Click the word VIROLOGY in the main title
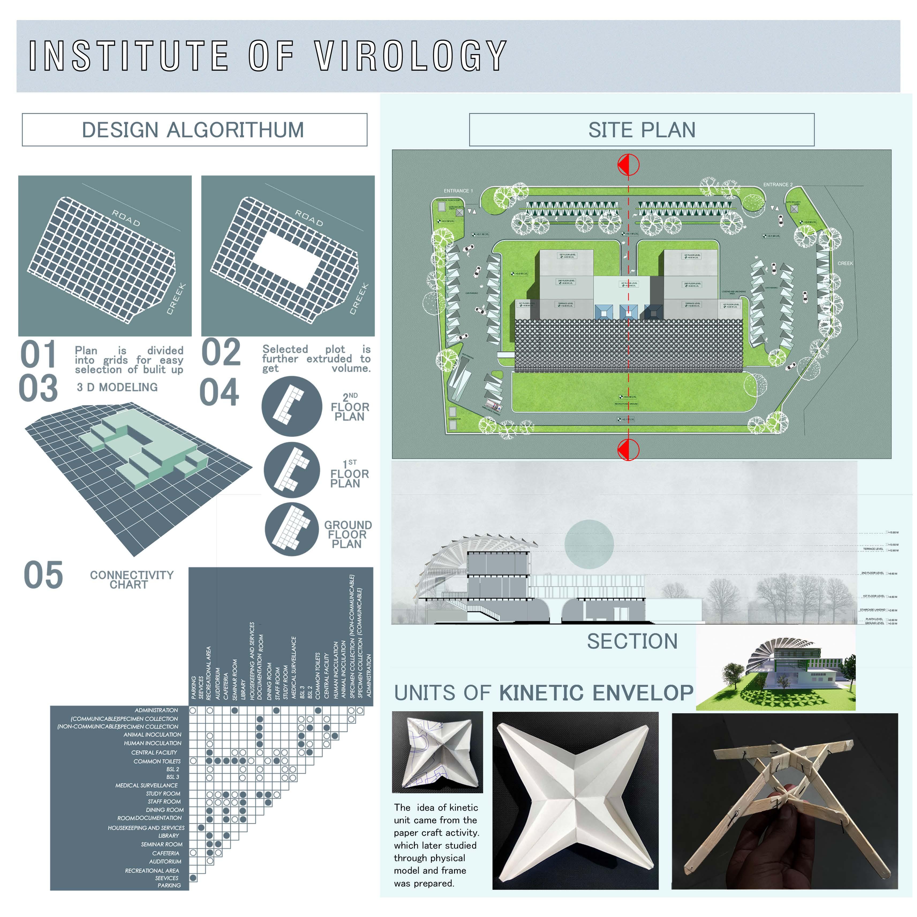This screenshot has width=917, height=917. (x=411, y=56)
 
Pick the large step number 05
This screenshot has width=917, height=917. (x=43, y=575)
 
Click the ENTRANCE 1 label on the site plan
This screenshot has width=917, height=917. (x=458, y=191)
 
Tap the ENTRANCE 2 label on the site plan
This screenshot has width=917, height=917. (x=778, y=185)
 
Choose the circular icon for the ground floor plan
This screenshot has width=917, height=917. (x=291, y=529)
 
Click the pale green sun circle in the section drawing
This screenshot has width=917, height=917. (x=589, y=544)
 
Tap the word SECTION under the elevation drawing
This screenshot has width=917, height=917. (x=632, y=641)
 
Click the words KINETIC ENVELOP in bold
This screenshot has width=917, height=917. (x=596, y=693)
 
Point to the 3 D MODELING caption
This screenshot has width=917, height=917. (x=117, y=387)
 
